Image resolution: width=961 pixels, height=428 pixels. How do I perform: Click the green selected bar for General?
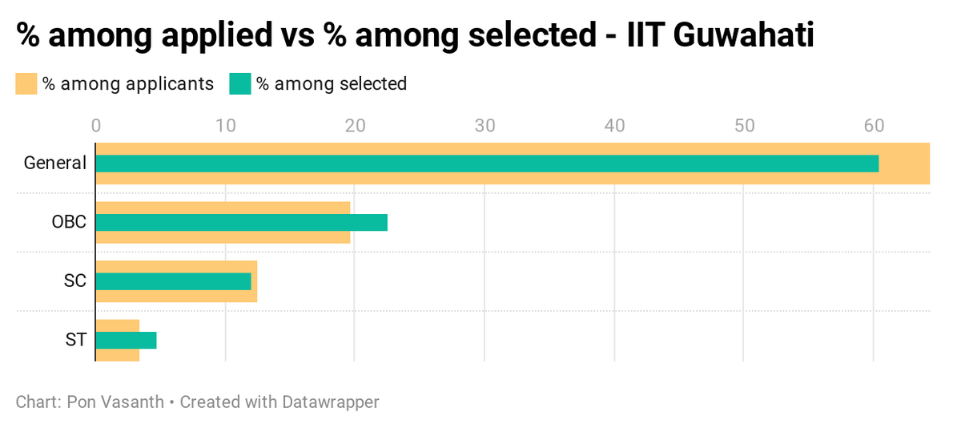coord(487,164)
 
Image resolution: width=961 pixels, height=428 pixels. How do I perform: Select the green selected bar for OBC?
coord(241,222)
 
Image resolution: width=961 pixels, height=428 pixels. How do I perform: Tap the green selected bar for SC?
coord(173,281)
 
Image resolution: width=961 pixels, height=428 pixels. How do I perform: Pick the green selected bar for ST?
coord(126,340)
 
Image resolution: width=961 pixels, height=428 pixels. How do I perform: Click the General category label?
coord(54,164)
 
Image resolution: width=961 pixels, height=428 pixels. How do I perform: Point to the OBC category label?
coord(69,222)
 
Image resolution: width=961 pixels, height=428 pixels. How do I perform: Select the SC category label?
coord(74,281)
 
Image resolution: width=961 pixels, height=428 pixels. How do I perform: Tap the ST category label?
coord(75,340)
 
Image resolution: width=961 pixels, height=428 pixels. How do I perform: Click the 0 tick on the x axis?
coord(96,126)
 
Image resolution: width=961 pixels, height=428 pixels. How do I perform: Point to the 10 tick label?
coord(226,126)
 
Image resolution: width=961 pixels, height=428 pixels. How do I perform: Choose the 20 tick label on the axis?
coord(355,126)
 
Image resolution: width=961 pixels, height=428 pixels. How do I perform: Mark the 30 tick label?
coord(485,126)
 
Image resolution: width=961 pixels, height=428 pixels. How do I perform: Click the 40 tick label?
coord(614,126)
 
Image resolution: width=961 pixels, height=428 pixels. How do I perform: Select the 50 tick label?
coord(744,126)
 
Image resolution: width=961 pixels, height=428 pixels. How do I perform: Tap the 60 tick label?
coord(873,126)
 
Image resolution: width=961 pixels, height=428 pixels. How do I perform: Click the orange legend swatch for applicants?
coord(26,83)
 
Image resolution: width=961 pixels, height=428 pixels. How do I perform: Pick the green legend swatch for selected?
coord(240,83)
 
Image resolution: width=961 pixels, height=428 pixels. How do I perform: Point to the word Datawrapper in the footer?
coord(330,402)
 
